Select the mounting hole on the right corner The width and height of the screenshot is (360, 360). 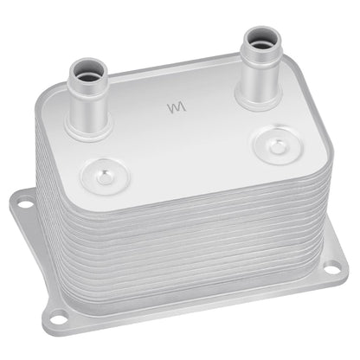(331, 269)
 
